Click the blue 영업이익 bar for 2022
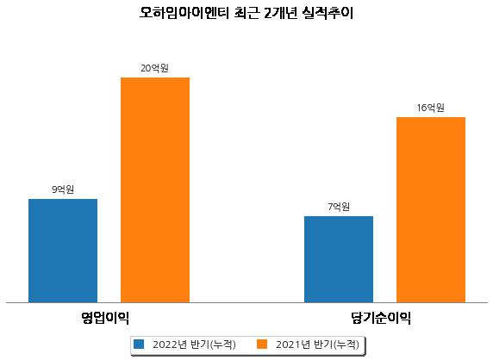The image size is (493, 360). click(x=63, y=251)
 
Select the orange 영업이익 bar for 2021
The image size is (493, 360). click(x=155, y=190)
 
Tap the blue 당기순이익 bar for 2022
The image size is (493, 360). click(x=339, y=259)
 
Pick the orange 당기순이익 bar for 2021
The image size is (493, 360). click(x=431, y=210)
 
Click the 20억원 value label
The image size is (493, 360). click(x=154, y=68)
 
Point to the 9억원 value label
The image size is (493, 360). click(x=63, y=189)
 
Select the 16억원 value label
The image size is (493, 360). click(x=431, y=108)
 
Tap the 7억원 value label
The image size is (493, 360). click(x=339, y=207)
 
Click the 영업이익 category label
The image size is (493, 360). click(x=105, y=318)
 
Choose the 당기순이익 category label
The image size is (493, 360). click(x=381, y=318)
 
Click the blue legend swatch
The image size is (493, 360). click(x=139, y=344)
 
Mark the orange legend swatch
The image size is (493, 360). click(x=262, y=344)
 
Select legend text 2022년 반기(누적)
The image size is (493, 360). click(x=194, y=344)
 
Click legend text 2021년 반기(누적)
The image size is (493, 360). click(x=317, y=344)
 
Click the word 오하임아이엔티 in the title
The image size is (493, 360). click(x=184, y=13)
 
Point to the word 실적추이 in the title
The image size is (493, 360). click(x=327, y=13)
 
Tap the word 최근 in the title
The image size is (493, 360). click(x=246, y=13)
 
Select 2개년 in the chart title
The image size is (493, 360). click(x=280, y=13)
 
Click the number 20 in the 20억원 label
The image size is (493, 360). click(x=146, y=68)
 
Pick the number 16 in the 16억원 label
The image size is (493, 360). click(x=421, y=108)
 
